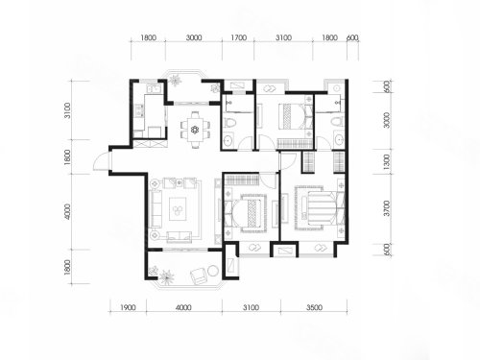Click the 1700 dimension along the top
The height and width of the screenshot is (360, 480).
[239, 37]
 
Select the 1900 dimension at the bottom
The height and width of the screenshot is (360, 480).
[128, 308]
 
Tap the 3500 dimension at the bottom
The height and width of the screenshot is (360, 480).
[314, 308]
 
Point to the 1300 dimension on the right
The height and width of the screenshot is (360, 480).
[387, 162]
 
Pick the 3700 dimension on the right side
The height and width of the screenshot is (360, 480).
[387, 208]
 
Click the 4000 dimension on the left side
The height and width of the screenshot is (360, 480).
[67, 211]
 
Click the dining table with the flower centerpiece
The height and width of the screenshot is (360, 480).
[194, 130]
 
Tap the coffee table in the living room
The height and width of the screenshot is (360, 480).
[178, 208]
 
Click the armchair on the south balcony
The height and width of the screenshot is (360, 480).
[199, 276]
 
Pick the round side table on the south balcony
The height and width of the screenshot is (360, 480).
[213, 271]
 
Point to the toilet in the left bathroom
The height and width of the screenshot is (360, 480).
[229, 123]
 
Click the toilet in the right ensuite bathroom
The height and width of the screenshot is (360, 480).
[336, 122]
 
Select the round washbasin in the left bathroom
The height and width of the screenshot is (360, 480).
[228, 141]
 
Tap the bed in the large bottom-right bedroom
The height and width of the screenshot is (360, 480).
[320, 207]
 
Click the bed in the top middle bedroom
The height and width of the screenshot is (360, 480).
[292, 116]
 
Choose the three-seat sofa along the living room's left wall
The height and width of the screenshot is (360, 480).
[156, 208]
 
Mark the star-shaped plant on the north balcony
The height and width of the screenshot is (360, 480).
[176, 79]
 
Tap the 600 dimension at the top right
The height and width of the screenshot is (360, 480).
[352, 37]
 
